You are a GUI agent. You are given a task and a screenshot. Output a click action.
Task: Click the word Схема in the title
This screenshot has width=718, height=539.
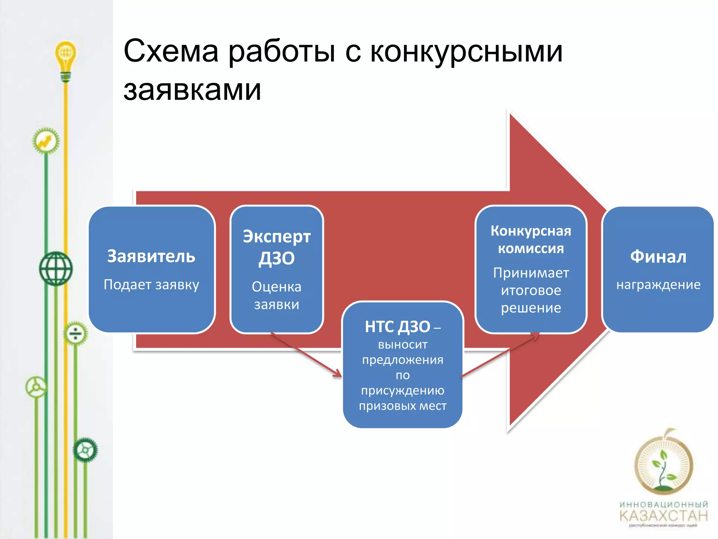click(x=171, y=51)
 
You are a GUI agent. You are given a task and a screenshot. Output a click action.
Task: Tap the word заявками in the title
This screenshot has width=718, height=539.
click(x=192, y=90)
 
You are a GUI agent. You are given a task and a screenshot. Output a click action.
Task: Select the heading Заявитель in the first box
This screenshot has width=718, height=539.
click(x=151, y=256)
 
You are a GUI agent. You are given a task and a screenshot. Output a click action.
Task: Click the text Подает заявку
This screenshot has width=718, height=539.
click(x=151, y=284)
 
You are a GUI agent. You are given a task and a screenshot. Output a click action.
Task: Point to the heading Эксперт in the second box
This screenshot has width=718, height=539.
click(x=277, y=237)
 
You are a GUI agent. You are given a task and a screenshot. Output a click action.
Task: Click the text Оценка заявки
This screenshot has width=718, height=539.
click(x=277, y=295)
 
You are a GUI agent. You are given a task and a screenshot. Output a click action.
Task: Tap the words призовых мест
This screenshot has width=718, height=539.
click(x=402, y=406)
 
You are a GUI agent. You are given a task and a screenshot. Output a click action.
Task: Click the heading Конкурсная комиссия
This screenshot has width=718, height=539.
click(x=531, y=239)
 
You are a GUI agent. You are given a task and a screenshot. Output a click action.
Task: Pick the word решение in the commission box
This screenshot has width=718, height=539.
click(x=531, y=308)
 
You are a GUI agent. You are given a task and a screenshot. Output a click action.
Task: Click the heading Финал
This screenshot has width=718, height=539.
click(x=658, y=257)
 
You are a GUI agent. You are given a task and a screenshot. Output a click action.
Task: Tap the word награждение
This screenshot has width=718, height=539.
click(x=658, y=285)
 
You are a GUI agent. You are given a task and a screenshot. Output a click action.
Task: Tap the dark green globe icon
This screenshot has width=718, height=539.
click(x=55, y=268)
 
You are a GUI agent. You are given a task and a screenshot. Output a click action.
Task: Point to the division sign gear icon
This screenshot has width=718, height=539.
click(x=75, y=333)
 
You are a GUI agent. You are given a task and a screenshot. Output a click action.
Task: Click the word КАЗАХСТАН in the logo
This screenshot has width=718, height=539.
click(x=664, y=515)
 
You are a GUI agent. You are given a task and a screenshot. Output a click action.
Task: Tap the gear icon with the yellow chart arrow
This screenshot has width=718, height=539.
click(x=46, y=141)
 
